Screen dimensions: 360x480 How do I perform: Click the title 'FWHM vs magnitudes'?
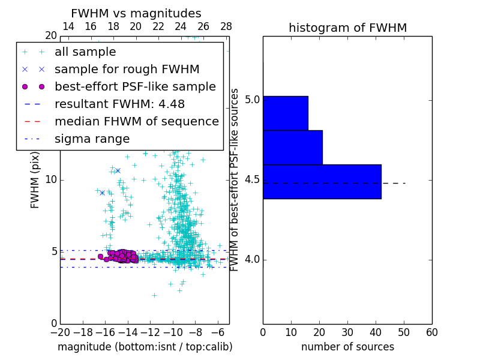pos(136,13)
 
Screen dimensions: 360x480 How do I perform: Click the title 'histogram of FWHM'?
pos(347,28)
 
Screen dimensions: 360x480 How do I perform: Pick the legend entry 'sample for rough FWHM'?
pos(127,70)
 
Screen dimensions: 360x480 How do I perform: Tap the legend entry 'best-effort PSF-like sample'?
pos(135,87)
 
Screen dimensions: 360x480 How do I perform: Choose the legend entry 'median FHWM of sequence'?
pos(136,122)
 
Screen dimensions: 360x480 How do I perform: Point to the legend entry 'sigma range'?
pos(92,139)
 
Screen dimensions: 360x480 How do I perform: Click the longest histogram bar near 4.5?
pos(322,181)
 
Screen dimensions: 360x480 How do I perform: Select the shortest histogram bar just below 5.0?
pos(285,113)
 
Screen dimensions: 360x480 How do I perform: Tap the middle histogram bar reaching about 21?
pos(292,147)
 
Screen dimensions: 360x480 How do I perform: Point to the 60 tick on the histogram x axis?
pos(431,332)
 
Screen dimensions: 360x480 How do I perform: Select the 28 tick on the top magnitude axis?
pos(226,26)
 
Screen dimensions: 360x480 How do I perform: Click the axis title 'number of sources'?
pos(347,347)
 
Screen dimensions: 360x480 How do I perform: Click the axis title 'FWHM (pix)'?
pos(35,179)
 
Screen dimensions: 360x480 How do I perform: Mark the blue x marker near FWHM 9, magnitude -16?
pos(102,193)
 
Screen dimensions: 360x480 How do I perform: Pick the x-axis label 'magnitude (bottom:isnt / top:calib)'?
pos(145,347)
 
